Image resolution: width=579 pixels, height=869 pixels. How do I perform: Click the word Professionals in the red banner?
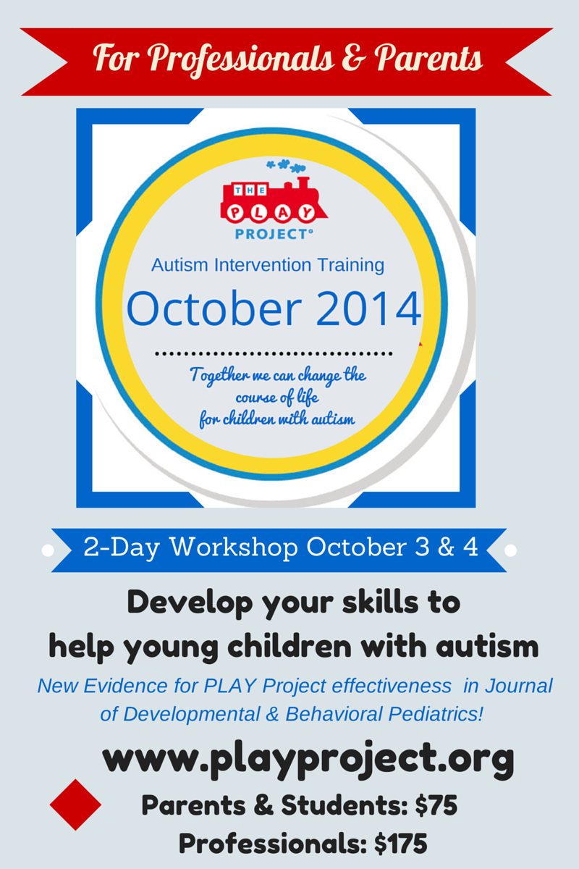click(242, 59)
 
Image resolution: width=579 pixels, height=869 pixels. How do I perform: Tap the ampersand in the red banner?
click(354, 58)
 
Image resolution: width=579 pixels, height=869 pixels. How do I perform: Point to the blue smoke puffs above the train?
click(286, 166)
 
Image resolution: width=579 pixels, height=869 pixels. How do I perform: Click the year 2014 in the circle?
click(369, 309)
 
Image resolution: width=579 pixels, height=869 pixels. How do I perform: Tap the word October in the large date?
click(214, 308)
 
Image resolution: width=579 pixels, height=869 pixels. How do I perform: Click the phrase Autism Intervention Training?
click(268, 265)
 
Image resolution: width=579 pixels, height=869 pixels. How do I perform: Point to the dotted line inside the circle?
click(274, 354)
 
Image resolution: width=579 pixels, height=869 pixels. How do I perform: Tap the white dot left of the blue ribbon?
click(48, 551)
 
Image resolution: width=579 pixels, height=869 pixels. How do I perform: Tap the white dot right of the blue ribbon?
click(510, 550)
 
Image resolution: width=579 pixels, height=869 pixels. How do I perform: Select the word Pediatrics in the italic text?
click(436, 714)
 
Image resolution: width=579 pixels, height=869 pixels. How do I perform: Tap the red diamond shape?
click(75, 805)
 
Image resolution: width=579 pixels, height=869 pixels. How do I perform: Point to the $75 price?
click(436, 805)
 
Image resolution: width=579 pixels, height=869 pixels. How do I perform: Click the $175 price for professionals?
click(401, 844)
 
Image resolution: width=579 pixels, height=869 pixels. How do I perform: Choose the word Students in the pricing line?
click(344, 805)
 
